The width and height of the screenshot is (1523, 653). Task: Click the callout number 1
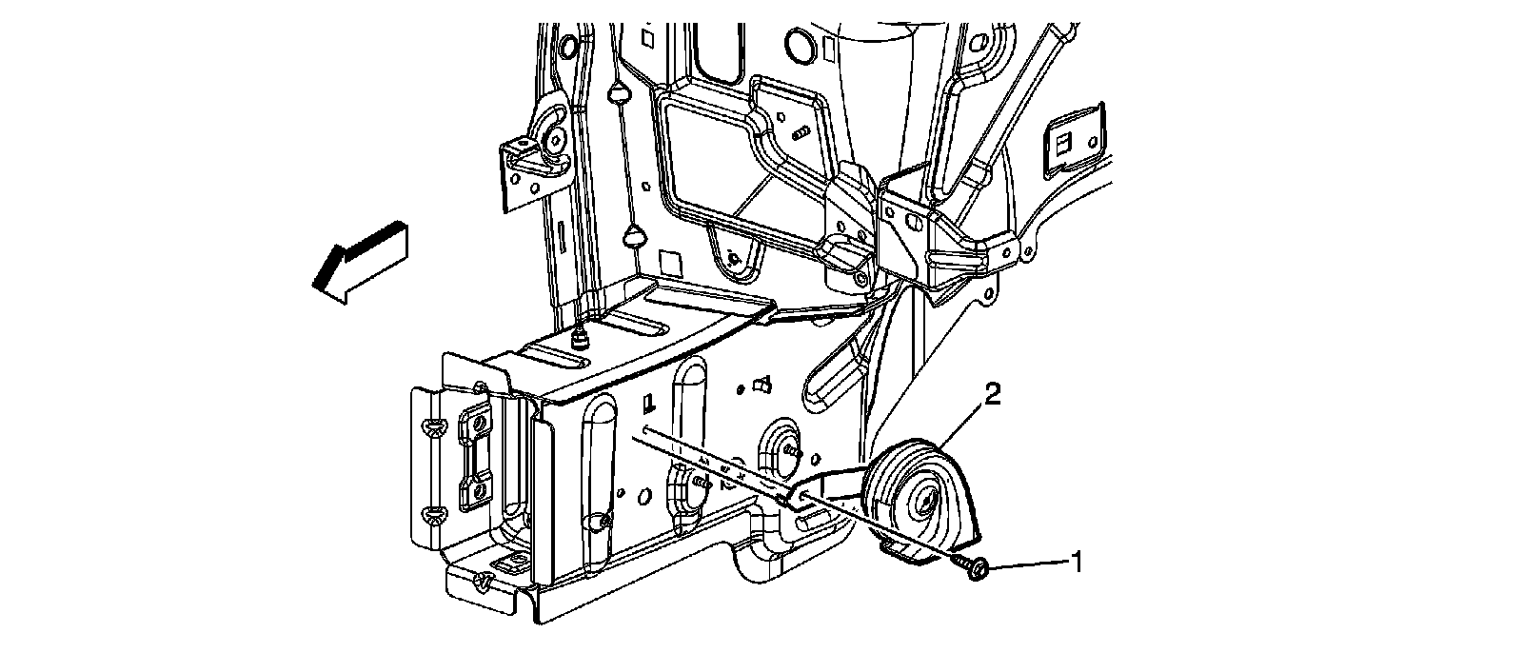(x=1077, y=562)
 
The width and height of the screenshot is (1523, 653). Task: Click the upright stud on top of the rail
(x=577, y=337)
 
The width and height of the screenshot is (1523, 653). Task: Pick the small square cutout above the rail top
(x=670, y=263)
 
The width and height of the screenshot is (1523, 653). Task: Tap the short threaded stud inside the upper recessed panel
(x=800, y=129)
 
